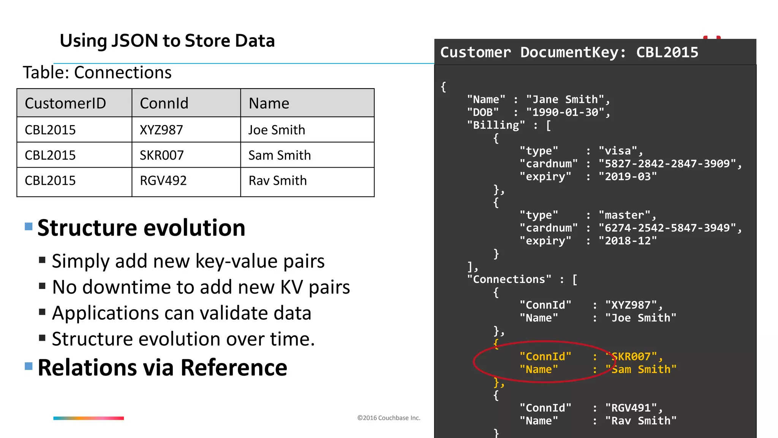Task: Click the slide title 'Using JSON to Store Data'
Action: (x=167, y=41)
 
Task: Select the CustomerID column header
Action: (x=65, y=103)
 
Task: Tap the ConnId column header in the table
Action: (x=164, y=103)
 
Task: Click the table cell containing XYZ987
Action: (x=161, y=130)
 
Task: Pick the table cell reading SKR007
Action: (x=161, y=155)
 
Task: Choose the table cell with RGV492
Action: (x=163, y=181)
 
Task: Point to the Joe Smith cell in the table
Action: (x=277, y=130)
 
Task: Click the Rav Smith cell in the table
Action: (x=277, y=181)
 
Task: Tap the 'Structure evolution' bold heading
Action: (x=141, y=228)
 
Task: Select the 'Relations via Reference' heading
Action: (x=162, y=368)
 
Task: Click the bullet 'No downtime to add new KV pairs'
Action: (x=201, y=287)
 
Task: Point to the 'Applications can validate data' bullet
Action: (x=182, y=313)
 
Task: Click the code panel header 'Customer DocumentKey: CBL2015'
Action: (x=569, y=52)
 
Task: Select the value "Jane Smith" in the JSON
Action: (x=565, y=100)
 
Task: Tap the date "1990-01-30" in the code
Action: (x=565, y=113)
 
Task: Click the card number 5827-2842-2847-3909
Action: (x=667, y=164)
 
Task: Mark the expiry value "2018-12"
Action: (x=627, y=241)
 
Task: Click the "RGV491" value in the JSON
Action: (x=631, y=408)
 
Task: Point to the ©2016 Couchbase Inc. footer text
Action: (x=389, y=418)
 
